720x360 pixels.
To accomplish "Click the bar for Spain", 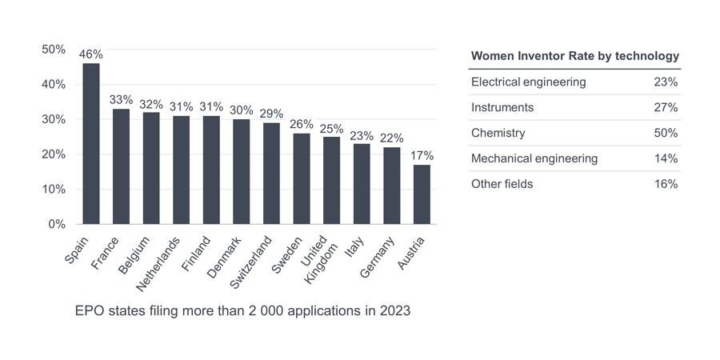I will (x=91, y=144).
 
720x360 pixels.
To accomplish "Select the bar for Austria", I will (x=422, y=194).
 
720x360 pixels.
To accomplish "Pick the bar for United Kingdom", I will (x=331, y=181).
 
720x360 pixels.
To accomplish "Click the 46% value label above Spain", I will (x=91, y=54).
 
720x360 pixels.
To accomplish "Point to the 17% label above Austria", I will (x=422, y=156).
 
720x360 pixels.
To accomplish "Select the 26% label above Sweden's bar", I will (x=302, y=124).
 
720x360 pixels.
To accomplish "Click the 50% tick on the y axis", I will (x=54, y=50).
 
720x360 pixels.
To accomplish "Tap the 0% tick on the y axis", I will (x=56, y=225).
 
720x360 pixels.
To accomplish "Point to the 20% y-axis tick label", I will (x=54, y=154).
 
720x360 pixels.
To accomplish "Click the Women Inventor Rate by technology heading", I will (x=575, y=56).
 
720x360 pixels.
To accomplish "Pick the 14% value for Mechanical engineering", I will (x=666, y=158).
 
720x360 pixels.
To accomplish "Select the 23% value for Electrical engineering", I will (x=666, y=82).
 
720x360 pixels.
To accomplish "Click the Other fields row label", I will (x=502, y=184).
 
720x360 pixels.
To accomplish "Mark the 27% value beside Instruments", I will (x=666, y=107).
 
